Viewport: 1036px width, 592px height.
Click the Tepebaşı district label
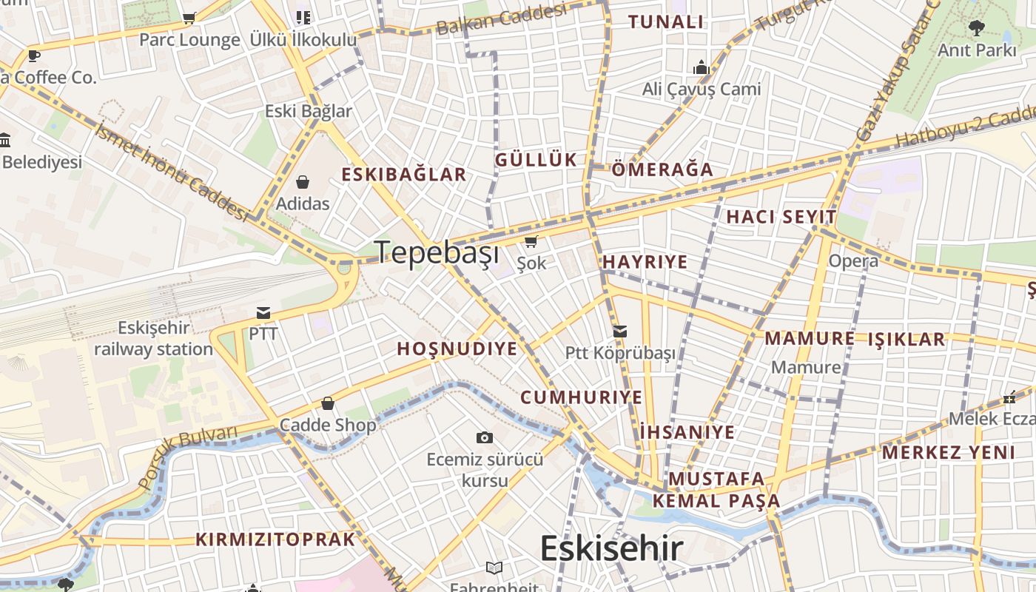coord(437,252)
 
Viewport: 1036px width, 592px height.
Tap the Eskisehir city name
coord(611,548)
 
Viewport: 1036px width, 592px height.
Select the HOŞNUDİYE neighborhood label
coord(457,349)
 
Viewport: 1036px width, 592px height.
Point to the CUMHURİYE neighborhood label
coord(582,397)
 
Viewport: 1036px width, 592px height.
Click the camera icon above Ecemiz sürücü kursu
coord(484,437)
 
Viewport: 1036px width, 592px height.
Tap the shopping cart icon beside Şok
coord(531,242)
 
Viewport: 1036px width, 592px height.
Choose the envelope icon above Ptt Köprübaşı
coord(620,332)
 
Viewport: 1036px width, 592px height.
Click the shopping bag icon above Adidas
coord(302,182)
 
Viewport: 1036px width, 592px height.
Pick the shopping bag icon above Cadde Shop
coord(327,404)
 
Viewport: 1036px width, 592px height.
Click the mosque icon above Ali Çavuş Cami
coord(701,68)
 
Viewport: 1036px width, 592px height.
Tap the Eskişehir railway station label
coord(153,338)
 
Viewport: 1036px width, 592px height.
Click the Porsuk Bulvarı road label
coord(188,456)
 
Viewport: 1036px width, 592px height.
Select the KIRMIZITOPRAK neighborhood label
coord(275,539)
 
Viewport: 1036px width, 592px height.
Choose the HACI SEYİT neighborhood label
coord(781,217)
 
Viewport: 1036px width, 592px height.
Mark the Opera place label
coord(853,260)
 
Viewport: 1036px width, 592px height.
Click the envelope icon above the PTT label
coord(263,312)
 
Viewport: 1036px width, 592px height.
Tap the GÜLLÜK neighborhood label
coord(536,160)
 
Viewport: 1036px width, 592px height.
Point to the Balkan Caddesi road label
coord(502,18)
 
